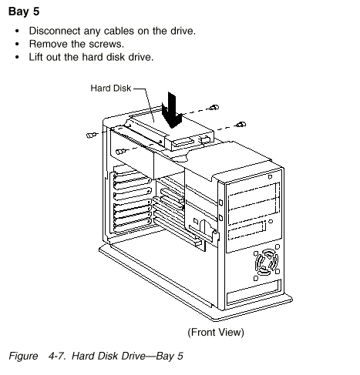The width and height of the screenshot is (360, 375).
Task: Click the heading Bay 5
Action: click(24, 12)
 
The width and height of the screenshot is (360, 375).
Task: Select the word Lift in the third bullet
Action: click(36, 57)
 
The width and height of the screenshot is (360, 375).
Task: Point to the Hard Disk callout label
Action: click(111, 89)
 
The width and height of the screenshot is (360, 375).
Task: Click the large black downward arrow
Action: click(172, 110)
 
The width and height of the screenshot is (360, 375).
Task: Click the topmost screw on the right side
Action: click(214, 107)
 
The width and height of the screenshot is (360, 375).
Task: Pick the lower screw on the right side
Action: click(241, 125)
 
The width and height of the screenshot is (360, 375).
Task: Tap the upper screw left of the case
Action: click(91, 135)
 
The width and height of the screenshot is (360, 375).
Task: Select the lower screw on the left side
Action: click(120, 152)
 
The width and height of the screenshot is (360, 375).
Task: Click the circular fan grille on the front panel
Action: click(267, 263)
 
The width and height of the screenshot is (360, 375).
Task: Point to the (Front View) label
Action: click(216, 332)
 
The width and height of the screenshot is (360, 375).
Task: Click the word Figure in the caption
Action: click(23, 357)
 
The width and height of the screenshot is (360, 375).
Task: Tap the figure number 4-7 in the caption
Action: click(57, 356)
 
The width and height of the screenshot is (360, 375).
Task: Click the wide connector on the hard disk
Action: click(183, 142)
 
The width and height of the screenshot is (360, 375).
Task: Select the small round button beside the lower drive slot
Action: click(271, 221)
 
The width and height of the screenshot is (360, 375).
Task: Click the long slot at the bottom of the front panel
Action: click(254, 292)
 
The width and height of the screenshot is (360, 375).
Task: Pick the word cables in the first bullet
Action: click(118, 31)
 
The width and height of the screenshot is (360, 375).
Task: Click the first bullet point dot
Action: click(17, 32)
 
